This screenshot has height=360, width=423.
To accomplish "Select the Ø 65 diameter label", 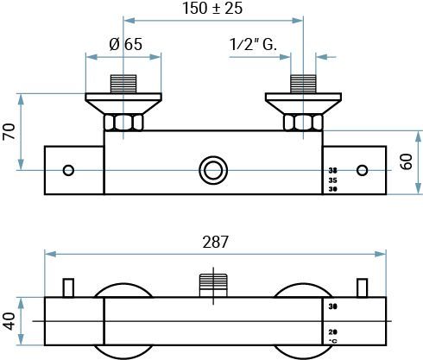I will click(127, 46).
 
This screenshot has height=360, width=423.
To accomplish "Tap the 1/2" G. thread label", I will click(253, 46).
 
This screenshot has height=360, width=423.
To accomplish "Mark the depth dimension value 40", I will click(9, 321).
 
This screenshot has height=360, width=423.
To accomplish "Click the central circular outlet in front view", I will click(211, 169).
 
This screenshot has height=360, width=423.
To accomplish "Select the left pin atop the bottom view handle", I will click(69, 287).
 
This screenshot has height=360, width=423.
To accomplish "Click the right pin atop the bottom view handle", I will click(363, 287).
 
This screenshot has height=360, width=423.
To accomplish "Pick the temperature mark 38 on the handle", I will click(333, 170).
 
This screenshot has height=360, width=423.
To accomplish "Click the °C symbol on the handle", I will click(333, 342).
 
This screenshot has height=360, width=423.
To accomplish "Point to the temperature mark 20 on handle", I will click(333, 332).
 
